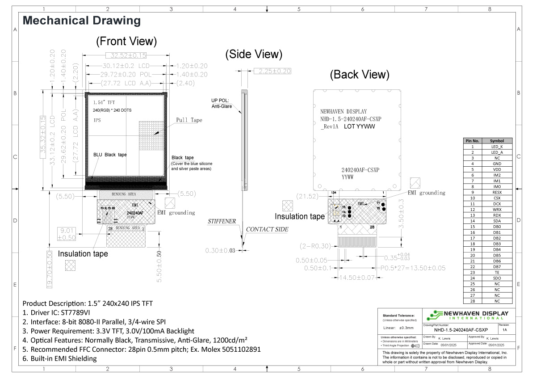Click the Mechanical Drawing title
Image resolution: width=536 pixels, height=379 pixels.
pos(82,21)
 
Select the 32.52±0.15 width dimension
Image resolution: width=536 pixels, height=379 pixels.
pos(126,55)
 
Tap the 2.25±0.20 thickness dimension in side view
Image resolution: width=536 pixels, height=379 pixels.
pos(272,71)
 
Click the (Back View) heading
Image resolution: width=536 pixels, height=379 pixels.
pos(360,75)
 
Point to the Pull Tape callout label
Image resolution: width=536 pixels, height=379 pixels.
pos(189,120)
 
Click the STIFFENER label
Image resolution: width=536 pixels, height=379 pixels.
pos(222,221)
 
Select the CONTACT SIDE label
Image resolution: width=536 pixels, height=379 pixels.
pos(267,229)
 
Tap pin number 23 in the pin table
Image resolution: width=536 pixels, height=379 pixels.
pos(472,272)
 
